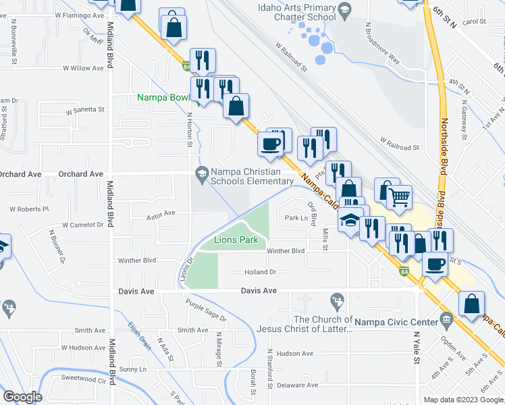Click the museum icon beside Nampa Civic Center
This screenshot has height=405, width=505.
click(x=446, y=319)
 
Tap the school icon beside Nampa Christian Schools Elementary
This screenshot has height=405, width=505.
click(x=201, y=173)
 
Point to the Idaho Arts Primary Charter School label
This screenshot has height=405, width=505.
click(x=296, y=12)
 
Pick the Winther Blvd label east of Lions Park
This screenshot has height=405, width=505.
click(x=286, y=251)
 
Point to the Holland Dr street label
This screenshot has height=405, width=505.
click(x=260, y=272)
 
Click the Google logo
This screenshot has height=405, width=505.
click(x=22, y=396)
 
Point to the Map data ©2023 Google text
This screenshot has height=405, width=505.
click(x=462, y=400)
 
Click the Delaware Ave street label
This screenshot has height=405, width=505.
click(x=297, y=385)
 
